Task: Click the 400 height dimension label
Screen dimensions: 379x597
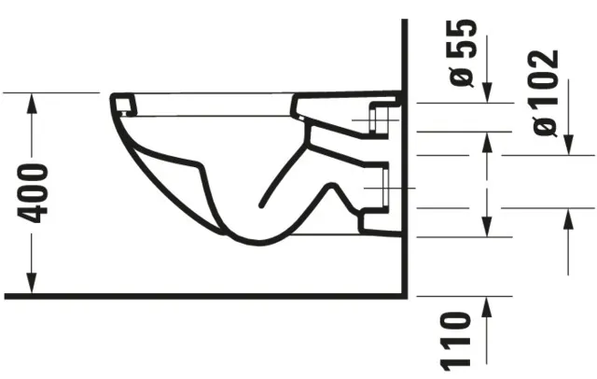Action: (x=35, y=192)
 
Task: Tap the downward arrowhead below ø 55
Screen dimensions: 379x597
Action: (x=486, y=95)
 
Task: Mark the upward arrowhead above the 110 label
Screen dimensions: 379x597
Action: (x=486, y=305)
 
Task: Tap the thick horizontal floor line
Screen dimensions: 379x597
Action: (x=205, y=296)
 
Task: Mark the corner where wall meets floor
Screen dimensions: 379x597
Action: (x=404, y=296)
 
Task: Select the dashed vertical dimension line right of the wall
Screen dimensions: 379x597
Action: (x=486, y=182)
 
